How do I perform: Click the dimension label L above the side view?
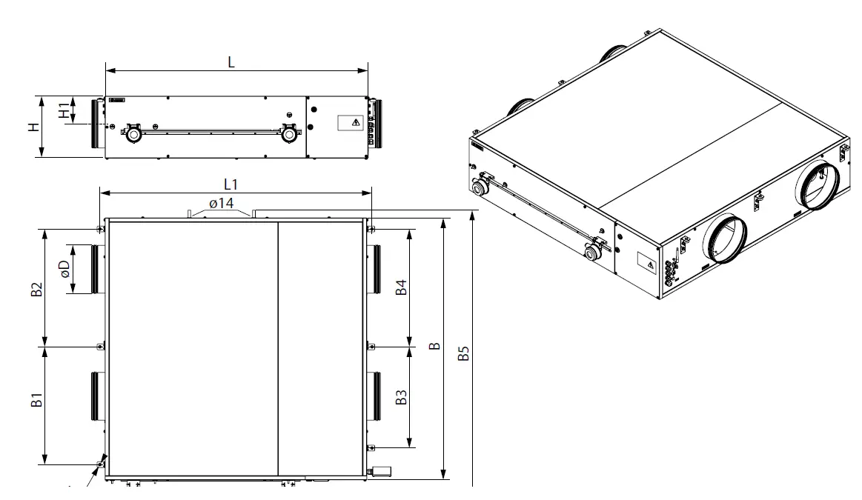click(231, 63)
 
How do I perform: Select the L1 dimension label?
click(231, 183)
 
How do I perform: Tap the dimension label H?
click(33, 127)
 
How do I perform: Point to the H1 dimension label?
click(64, 110)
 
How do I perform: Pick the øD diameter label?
click(64, 268)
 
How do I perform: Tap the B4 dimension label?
click(401, 287)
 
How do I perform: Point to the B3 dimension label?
click(401, 397)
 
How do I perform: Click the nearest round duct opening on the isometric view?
click(723, 239)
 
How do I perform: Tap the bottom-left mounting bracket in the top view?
click(100, 464)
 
